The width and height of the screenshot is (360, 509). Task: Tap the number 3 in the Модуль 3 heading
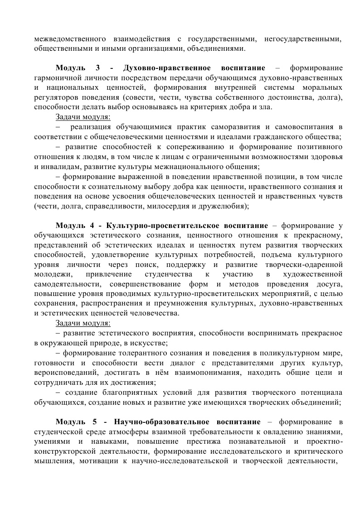point(98,68)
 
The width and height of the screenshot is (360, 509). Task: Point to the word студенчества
point(166,274)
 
